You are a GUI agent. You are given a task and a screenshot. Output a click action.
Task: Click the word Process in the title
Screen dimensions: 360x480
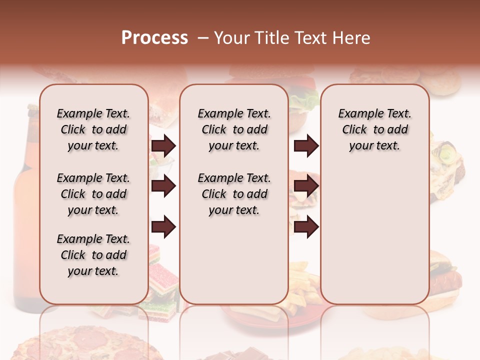[x=154, y=38]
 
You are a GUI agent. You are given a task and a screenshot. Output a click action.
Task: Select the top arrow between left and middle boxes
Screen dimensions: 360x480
[x=163, y=146]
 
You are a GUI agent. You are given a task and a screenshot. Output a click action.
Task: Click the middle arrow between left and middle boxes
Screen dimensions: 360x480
[x=163, y=186]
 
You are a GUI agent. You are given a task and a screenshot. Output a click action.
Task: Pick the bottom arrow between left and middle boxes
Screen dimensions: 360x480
[x=163, y=227]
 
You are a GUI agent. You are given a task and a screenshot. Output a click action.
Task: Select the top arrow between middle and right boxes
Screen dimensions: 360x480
[x=306, y=146]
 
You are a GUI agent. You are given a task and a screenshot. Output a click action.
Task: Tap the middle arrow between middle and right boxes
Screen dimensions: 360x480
[x=306, y=186]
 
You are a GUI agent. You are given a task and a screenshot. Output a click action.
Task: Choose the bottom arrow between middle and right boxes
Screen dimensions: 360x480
[x=306, y=227]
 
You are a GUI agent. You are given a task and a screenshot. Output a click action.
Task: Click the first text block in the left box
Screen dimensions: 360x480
[x=93, y=129]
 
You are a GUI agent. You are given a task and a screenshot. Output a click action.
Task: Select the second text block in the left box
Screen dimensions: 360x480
[x=93, y=194]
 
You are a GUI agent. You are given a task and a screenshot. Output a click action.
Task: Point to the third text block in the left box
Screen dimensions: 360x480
[x=93, y=255]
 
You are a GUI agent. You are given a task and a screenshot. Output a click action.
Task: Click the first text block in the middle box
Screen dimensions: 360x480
[x=234, y=129]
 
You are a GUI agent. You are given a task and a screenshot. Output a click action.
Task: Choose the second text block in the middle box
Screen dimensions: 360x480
[x=234, y=194]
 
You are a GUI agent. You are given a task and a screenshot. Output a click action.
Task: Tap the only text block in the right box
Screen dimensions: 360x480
[x=374, y=129]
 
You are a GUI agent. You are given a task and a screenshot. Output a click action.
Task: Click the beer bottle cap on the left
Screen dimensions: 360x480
[x=33, y=108]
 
